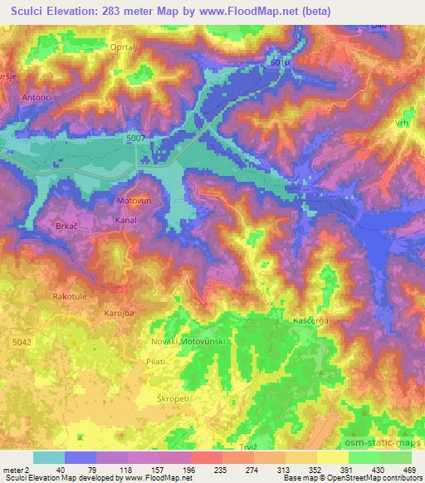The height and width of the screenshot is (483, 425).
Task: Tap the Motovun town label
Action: [x=132, y=201]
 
